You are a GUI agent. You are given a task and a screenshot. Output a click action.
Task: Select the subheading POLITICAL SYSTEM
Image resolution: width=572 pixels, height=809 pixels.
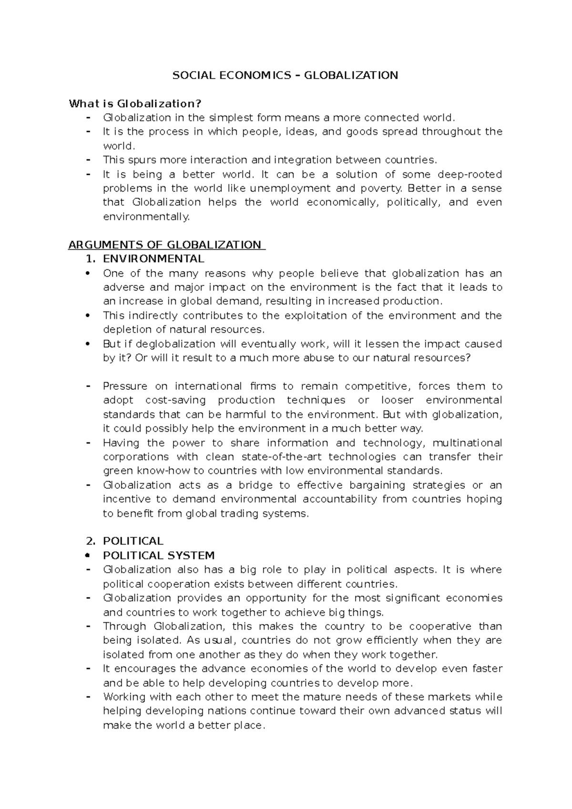(x=159, y=556)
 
